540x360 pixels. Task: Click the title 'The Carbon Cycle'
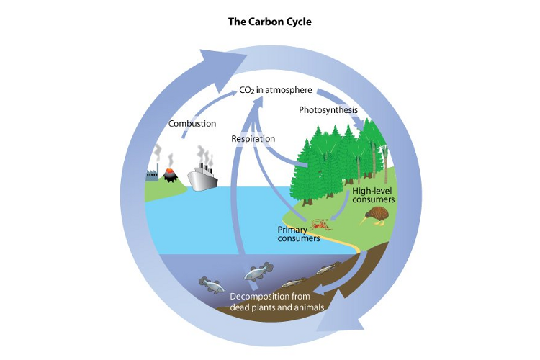pos(270,22)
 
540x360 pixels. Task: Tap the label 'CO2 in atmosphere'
pos(276,91)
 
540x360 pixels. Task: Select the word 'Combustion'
pos(192,124)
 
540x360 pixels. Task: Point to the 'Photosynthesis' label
pos(328,110)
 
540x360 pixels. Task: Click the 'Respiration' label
pos(253,138)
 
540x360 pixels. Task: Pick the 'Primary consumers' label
pos(299,234)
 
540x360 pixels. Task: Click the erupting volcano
pos(171,174)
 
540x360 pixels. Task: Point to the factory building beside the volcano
pos(152,175)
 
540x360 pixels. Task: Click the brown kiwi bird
pos(378,214)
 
